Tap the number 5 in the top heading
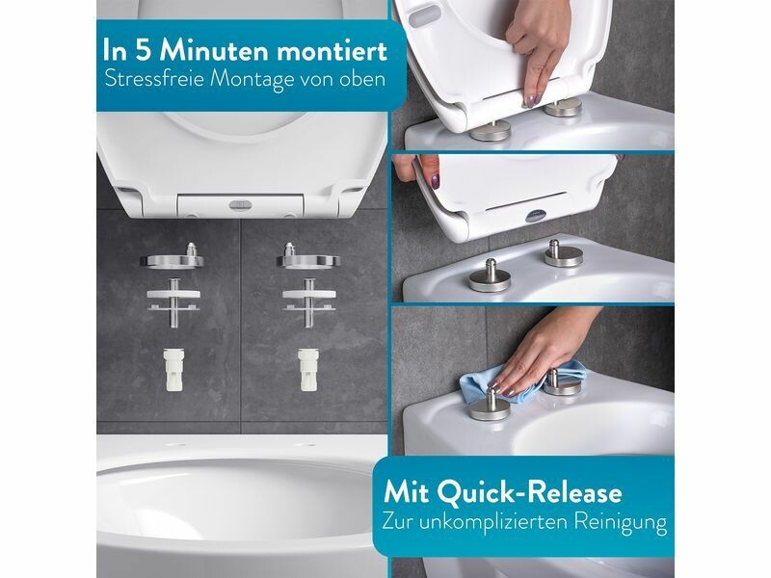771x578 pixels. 143,51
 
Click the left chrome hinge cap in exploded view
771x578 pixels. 173,257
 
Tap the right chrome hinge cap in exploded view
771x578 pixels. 307,257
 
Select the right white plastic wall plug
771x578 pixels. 308,369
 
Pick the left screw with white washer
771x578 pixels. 173,302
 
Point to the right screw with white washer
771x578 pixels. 309,302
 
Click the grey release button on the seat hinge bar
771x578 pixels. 240,204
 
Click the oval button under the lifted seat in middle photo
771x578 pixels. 537,215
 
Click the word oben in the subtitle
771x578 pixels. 363,79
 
